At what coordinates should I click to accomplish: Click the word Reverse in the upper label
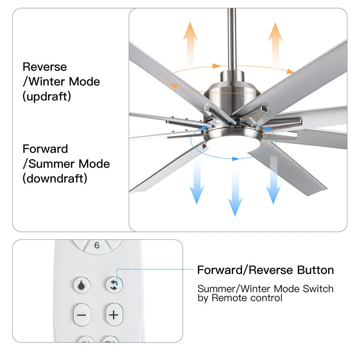(45, 67)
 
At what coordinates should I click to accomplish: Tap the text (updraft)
(47, 96)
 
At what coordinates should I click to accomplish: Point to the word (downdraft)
(55, 178)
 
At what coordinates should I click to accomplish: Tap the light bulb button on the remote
(81, 285)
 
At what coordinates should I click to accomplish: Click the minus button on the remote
(81, 315)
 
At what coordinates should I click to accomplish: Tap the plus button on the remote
(114, 315)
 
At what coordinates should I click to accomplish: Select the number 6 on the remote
(97, 246)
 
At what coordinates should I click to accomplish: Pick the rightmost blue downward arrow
(273, 180)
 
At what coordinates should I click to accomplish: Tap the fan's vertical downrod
(232, 38)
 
